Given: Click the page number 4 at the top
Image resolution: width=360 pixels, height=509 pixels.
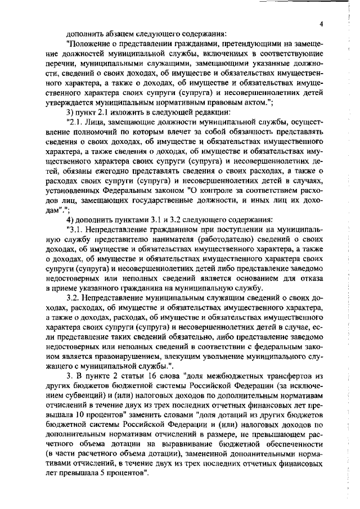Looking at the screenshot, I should click(321, 24).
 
